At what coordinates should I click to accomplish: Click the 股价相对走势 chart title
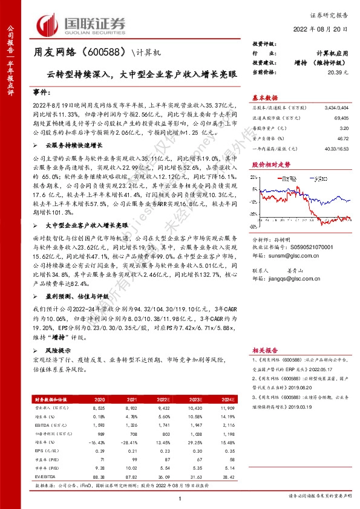point(268,164)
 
